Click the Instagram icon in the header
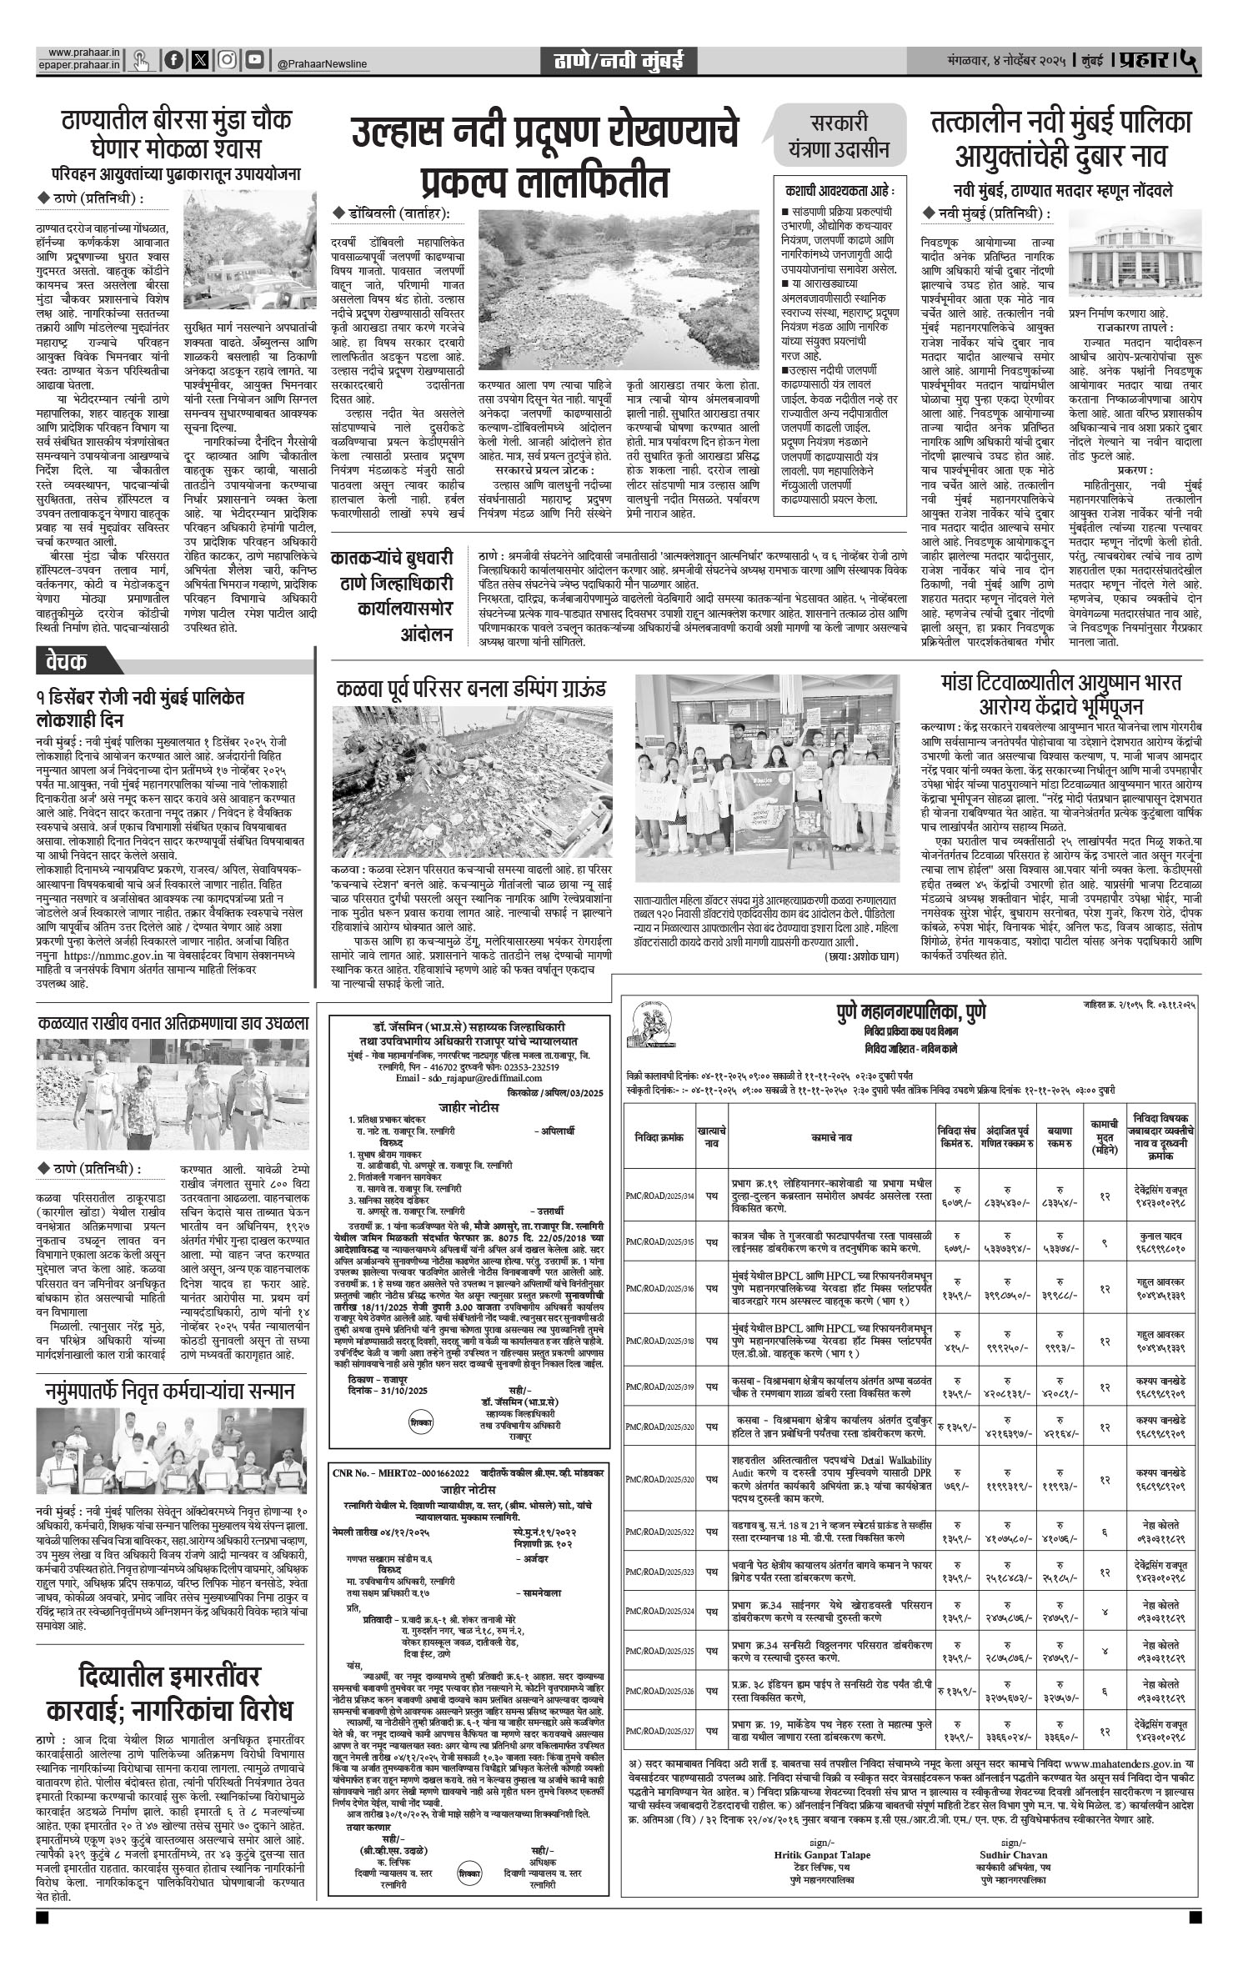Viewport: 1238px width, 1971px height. (x=227, y=60)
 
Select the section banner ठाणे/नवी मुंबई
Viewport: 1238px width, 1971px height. (x=619, y=60)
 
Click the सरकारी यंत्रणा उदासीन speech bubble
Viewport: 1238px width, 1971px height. (x=840, y=134)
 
